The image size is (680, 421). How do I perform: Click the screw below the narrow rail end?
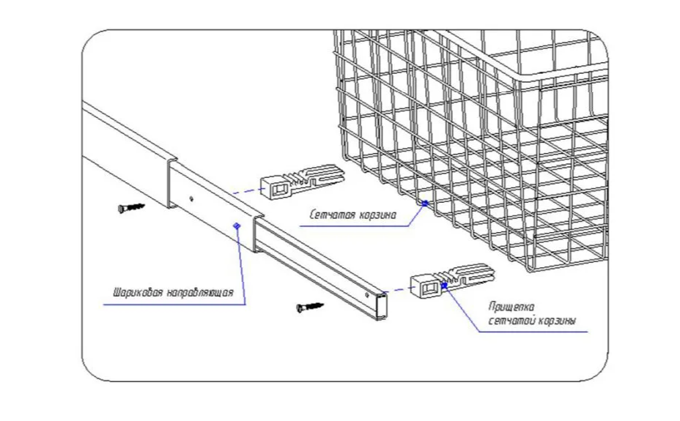(x=311, y=306)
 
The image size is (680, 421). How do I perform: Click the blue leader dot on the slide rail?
(x=236, y=226)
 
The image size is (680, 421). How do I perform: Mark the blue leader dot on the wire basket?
(x=424, y=202)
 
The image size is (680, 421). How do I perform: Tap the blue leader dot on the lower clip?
(x=448, y=287)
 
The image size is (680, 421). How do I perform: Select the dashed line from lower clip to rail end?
(x=400, y=290)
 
